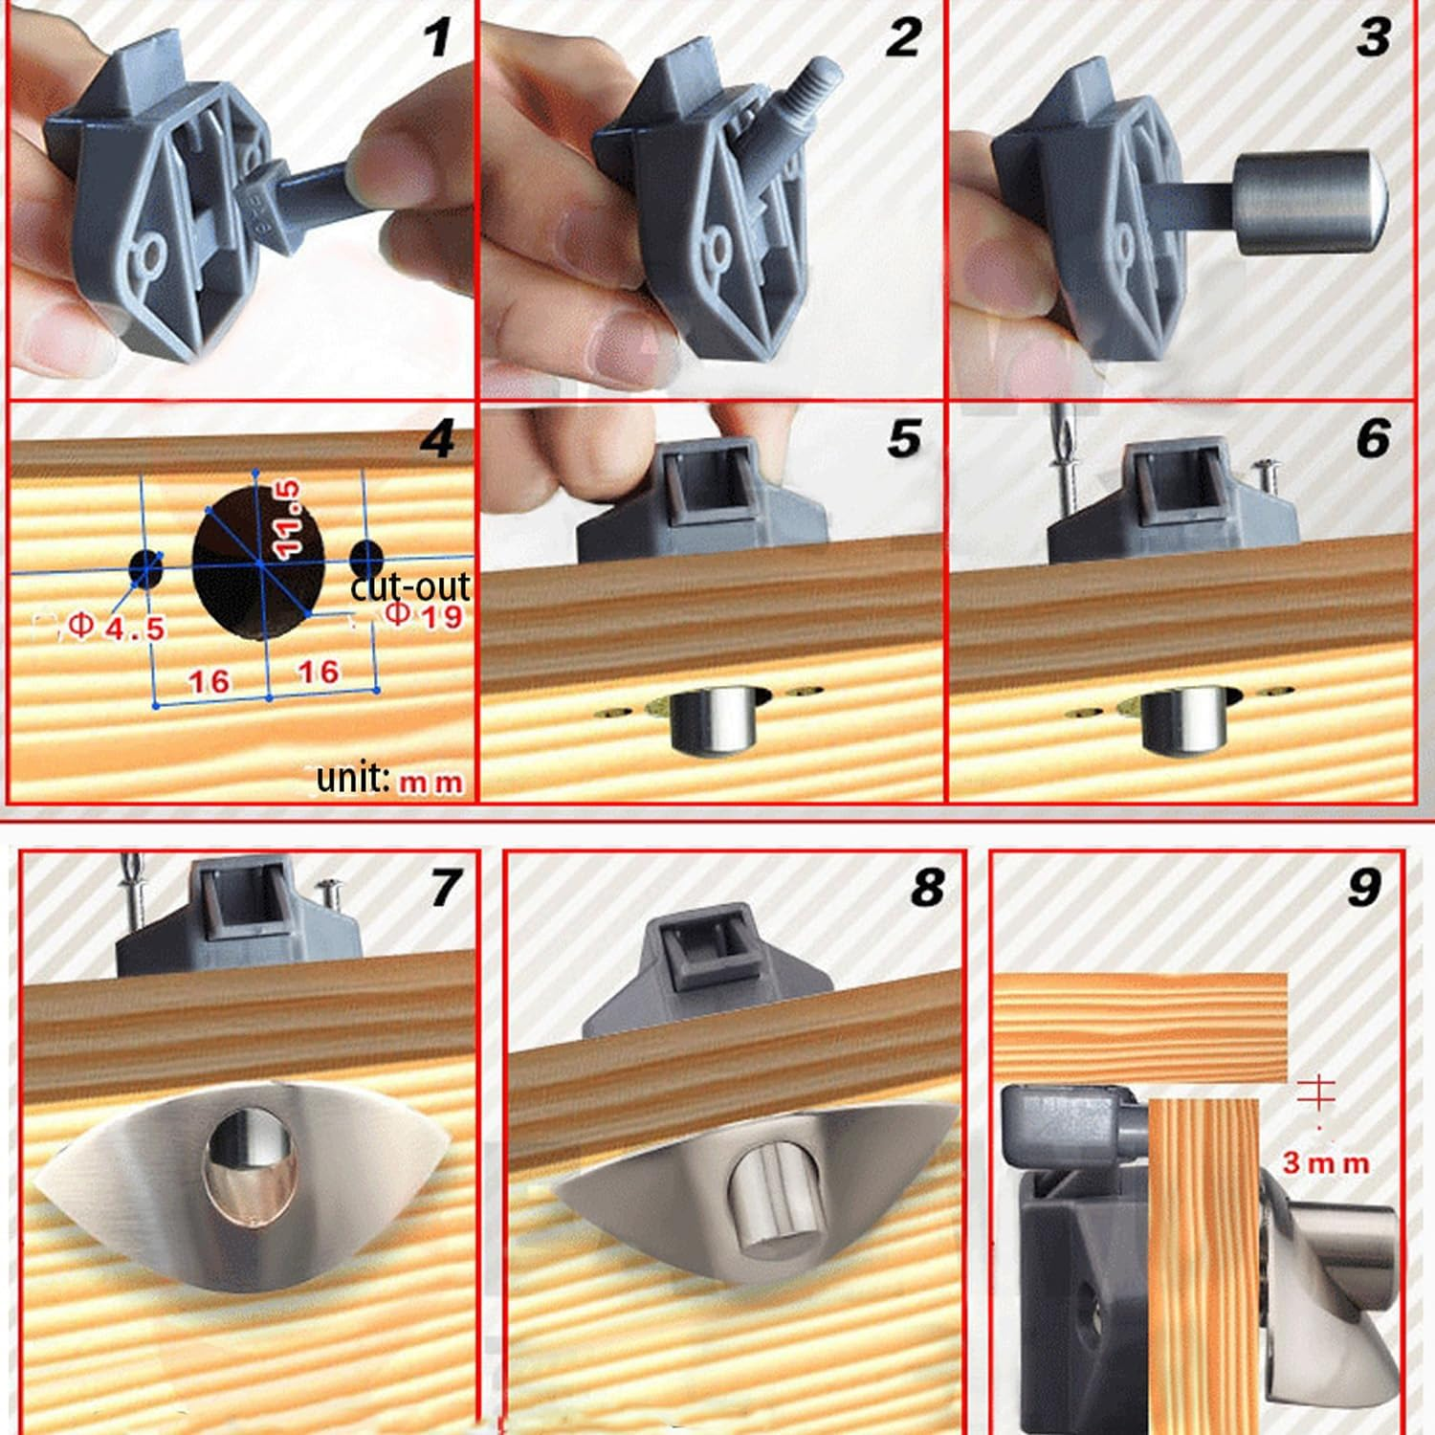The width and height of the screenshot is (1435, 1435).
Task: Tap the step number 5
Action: [x=904, y=438]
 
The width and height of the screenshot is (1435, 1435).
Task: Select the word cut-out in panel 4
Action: [x=409, y=585]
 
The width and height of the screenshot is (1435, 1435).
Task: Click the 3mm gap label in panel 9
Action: [x=1325, y=1162]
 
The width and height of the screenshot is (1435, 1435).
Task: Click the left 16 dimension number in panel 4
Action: [x=209, y=681]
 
